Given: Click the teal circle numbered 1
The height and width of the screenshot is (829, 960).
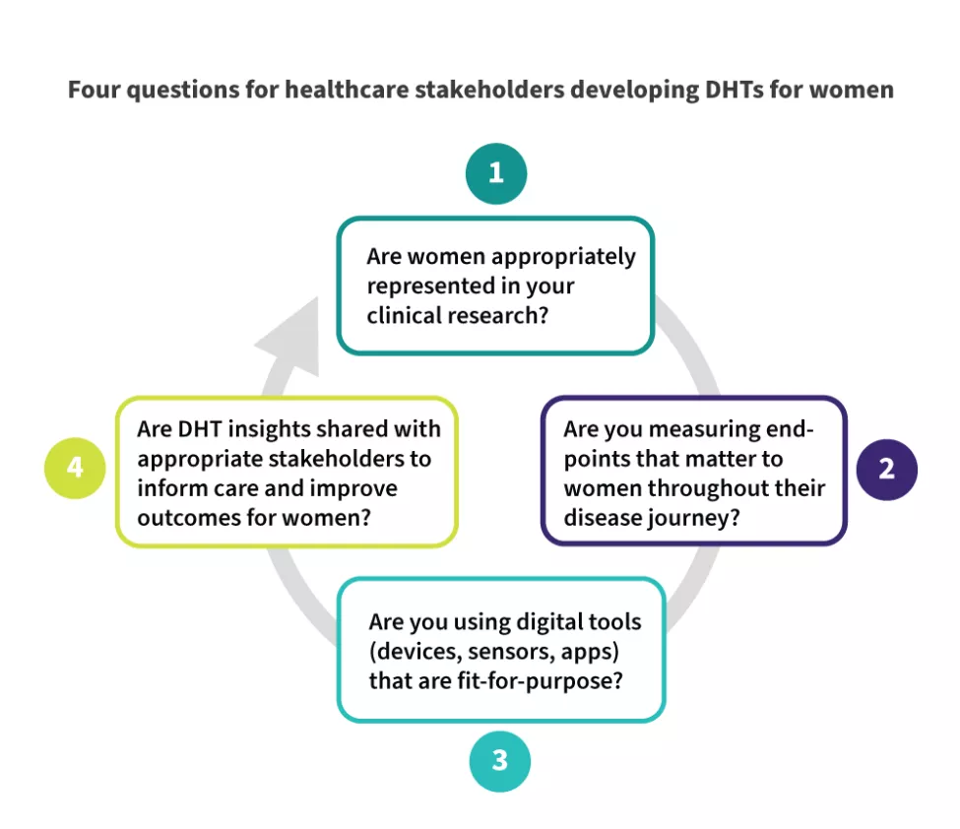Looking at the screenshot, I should pos(496,173).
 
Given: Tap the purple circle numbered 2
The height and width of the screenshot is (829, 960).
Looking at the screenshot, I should pos(886,469).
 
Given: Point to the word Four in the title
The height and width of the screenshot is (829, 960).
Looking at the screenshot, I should pos(93,90).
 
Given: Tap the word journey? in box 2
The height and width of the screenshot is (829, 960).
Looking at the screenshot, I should pos(694,517).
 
